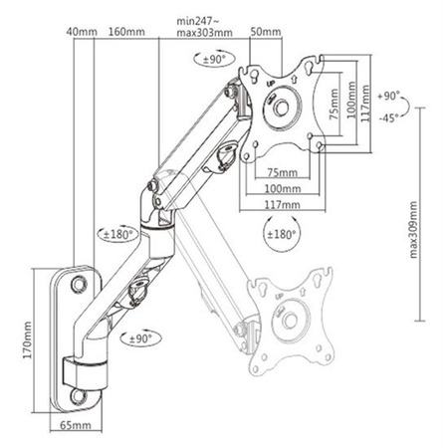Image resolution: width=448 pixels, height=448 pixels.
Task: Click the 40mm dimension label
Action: click(82, 32)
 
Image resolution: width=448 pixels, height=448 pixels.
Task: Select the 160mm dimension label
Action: click(126, 32)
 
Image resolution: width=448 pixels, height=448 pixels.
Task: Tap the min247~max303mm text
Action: click(204, 27)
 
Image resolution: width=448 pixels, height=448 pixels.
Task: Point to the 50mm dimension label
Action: click(266, 32)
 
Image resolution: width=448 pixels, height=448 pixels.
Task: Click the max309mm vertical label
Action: click(413, 229)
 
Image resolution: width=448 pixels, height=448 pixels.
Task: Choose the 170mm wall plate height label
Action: click(27, 339)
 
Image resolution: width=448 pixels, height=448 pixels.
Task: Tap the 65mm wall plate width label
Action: click(76, 425)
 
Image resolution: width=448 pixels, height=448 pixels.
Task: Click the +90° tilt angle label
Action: click(388, 97)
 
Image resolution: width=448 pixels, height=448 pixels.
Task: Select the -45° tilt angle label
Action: click(388, 117)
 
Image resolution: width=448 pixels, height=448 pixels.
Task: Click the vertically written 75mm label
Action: click(334, 105)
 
